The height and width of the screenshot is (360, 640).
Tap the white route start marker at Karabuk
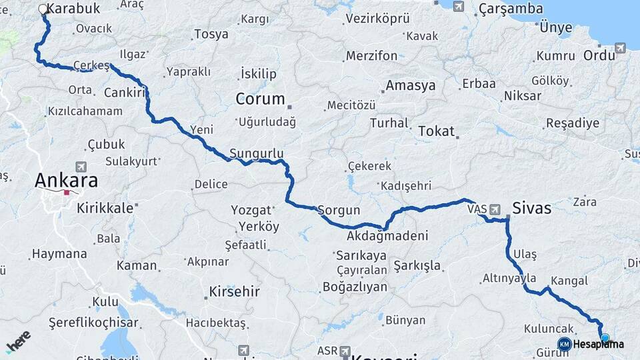(43, 9)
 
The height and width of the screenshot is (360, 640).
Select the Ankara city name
(66, 180)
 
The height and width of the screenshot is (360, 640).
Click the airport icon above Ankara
(81, 166)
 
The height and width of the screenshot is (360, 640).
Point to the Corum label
(260, 99)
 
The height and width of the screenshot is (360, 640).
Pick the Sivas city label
(532, 208)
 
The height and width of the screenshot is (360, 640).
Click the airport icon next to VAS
(495, 209)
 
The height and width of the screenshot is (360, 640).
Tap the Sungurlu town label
(257, 153)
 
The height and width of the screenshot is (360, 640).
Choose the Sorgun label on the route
(339, 210)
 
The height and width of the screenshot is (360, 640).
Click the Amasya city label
(411, 85)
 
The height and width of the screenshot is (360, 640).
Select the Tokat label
(436, 131)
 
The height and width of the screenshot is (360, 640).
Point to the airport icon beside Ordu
(621, 48)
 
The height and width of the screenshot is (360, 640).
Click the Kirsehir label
(234, 291)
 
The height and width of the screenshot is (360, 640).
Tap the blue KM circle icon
(565, 344)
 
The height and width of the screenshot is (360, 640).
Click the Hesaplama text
(598, 344)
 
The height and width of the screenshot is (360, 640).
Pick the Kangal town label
(569, 281)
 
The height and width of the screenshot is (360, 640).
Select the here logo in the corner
(18, 341)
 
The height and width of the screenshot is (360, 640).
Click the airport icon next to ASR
(345, 351)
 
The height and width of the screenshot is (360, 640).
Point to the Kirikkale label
(105, 207)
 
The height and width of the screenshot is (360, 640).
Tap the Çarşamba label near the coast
(510, 9)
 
